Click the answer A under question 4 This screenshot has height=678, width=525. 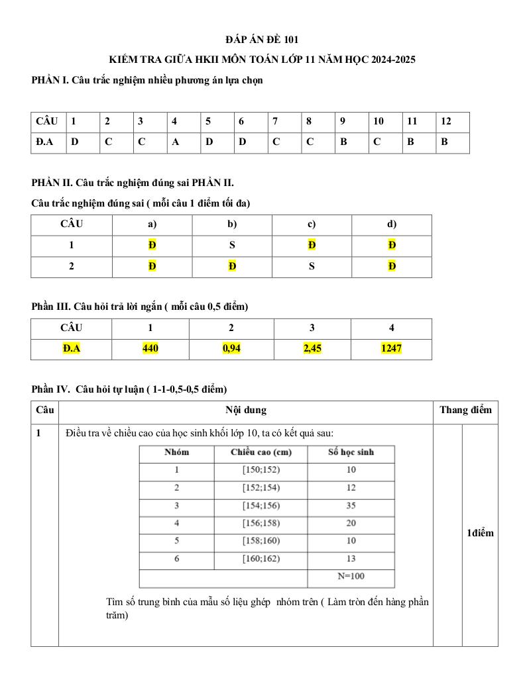[x=174, y=142]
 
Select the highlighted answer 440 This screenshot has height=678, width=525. [x=150, y=348]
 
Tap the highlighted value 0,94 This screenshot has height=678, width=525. [x=231, y=348]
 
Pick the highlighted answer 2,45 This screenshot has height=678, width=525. [x=312, y=348]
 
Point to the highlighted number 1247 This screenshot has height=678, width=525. [x=391, y=348]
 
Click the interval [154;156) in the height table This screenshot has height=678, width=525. [x=261, y=506]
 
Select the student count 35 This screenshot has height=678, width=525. [x=351, y=506]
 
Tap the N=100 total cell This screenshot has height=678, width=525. [x=351, y=576]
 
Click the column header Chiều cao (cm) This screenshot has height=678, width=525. [x=261, y=452]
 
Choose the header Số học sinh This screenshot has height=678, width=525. [x=351, y=452]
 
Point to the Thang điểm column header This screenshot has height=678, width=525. [x=465, y=410]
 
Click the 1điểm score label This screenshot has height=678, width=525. [x=480, y=533]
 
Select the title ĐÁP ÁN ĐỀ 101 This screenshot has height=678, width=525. [x=262, y=40]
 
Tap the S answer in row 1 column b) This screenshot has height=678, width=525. [x=232, y=245]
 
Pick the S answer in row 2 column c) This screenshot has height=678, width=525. [x=312, y=266]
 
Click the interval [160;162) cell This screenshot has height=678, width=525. [x=261, y=559]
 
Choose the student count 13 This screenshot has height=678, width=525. [x=351, y=559]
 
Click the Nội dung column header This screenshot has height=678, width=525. [x=246, y=410]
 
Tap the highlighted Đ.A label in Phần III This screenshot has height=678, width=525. [x=71, y=348]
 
